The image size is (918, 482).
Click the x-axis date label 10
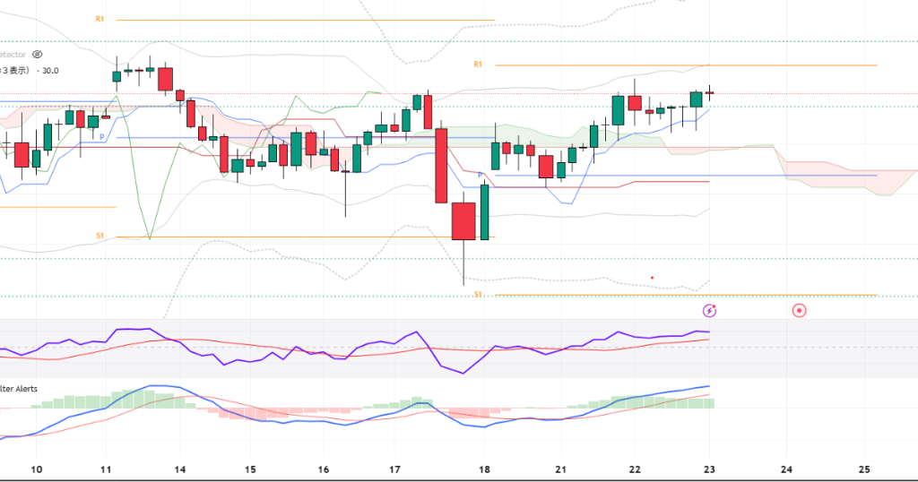coord(37,469)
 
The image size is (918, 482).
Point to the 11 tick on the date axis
coord(106,469)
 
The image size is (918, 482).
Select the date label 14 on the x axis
coord(180,469)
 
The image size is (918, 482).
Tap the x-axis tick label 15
coord(250,469)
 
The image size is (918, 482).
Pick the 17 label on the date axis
coord(395,469)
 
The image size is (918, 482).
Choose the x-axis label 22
coord(635,469)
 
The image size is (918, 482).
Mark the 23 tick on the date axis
coord(710,469)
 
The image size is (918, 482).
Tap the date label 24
coord(786,469)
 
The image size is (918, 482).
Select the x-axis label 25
coord(865,469)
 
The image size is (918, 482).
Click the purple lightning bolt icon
coord(710,311)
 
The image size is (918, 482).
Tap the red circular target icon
coord(799,311)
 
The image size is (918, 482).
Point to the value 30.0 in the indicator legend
coord(49,70)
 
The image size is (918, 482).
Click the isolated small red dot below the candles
coord(652,278)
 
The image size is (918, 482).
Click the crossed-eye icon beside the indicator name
coord(37,55)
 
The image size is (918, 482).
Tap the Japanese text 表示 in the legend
coord(19,70)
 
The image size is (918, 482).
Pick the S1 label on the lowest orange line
coord(478,294)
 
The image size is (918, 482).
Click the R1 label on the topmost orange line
coord(100,19)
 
